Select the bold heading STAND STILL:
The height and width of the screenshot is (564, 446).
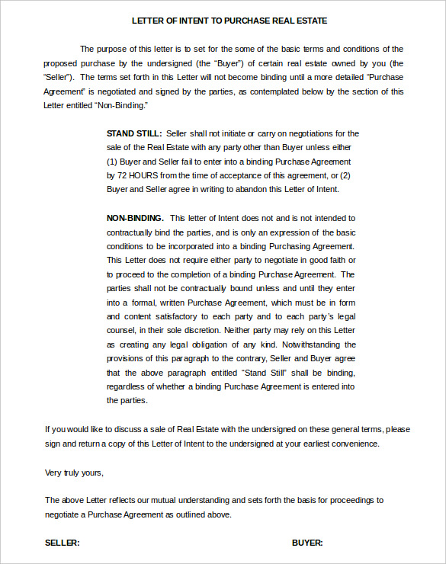point(134,133)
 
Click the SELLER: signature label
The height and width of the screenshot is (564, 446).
point(63,543)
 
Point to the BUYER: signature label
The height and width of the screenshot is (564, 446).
point(307,543)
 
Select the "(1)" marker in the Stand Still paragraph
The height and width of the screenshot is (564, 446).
point(113,162)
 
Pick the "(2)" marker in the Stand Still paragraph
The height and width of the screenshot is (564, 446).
point(349,175)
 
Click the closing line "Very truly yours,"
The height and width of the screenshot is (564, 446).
point(74,473)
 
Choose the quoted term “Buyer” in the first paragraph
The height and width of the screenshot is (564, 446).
point(229,63)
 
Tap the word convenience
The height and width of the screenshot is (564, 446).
point(352,444)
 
